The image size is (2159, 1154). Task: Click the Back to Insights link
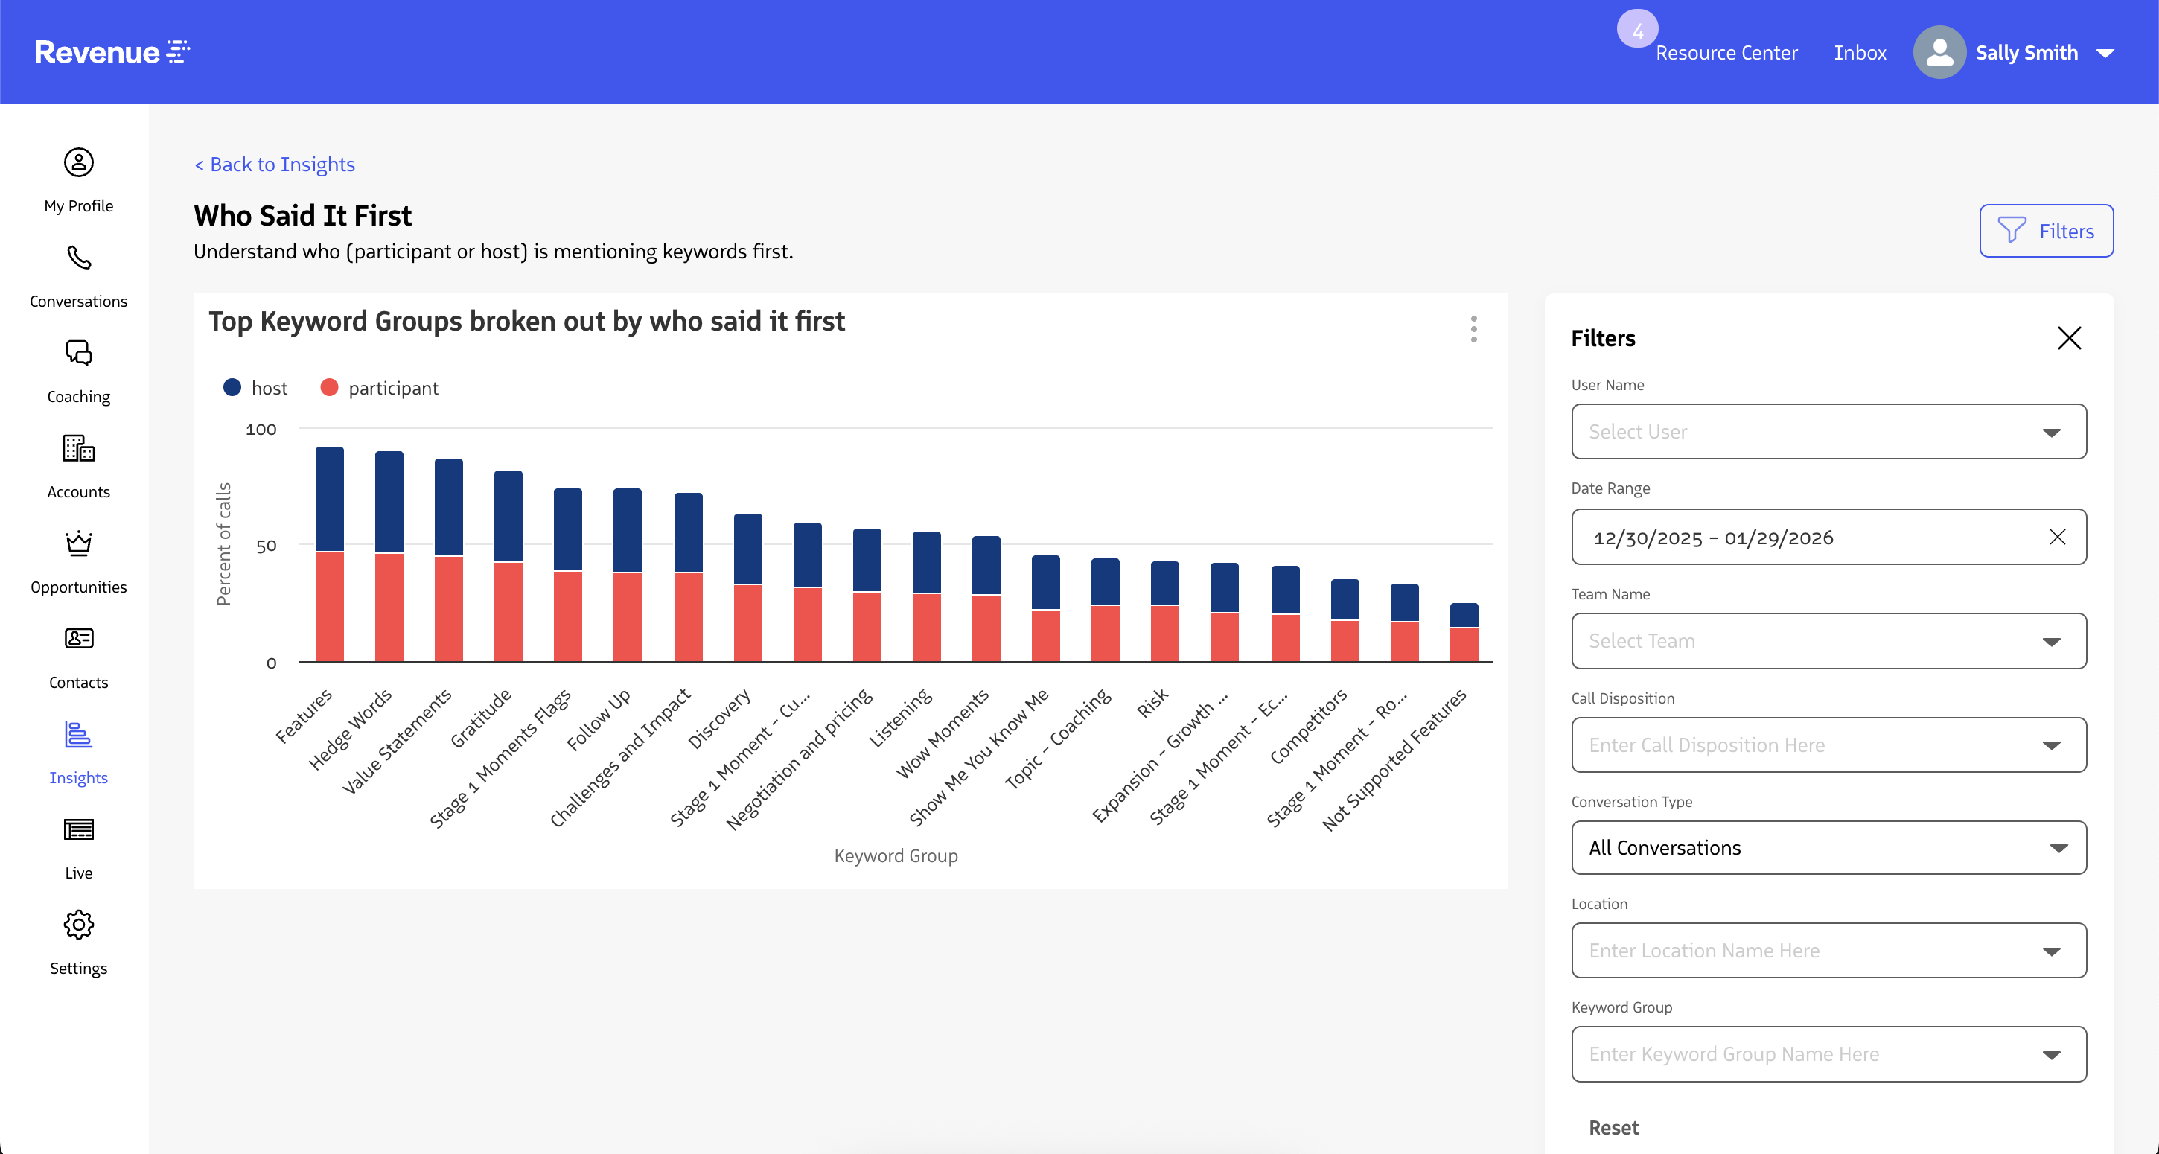tap(275, 165)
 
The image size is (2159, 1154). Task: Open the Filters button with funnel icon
tap(2046, 231)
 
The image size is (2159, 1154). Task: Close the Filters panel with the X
tap(2068, 338)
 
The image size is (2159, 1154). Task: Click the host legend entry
tap(255, 388)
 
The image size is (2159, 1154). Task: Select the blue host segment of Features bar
tap(329, 499)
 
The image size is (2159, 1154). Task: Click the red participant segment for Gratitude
tap(508, 612)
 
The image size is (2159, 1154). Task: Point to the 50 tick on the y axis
tap(266, 546)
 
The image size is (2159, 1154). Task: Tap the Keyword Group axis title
tap(895, 855)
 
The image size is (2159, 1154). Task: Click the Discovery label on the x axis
tap(719, 719)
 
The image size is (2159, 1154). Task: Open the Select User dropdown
tap(1828, 432)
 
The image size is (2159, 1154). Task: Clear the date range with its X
tap(2057, 538)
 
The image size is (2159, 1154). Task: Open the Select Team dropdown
tap(1828, 641)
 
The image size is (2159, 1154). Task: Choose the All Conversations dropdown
tap(1828, 847)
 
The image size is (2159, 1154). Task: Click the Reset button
tap(1613, 1127)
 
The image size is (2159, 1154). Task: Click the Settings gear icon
tap(79, 925)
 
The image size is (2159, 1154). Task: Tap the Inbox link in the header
tap(1859, 53)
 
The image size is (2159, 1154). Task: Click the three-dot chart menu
tap(1473, 328)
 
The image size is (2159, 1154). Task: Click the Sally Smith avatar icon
tap(1939, 53)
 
